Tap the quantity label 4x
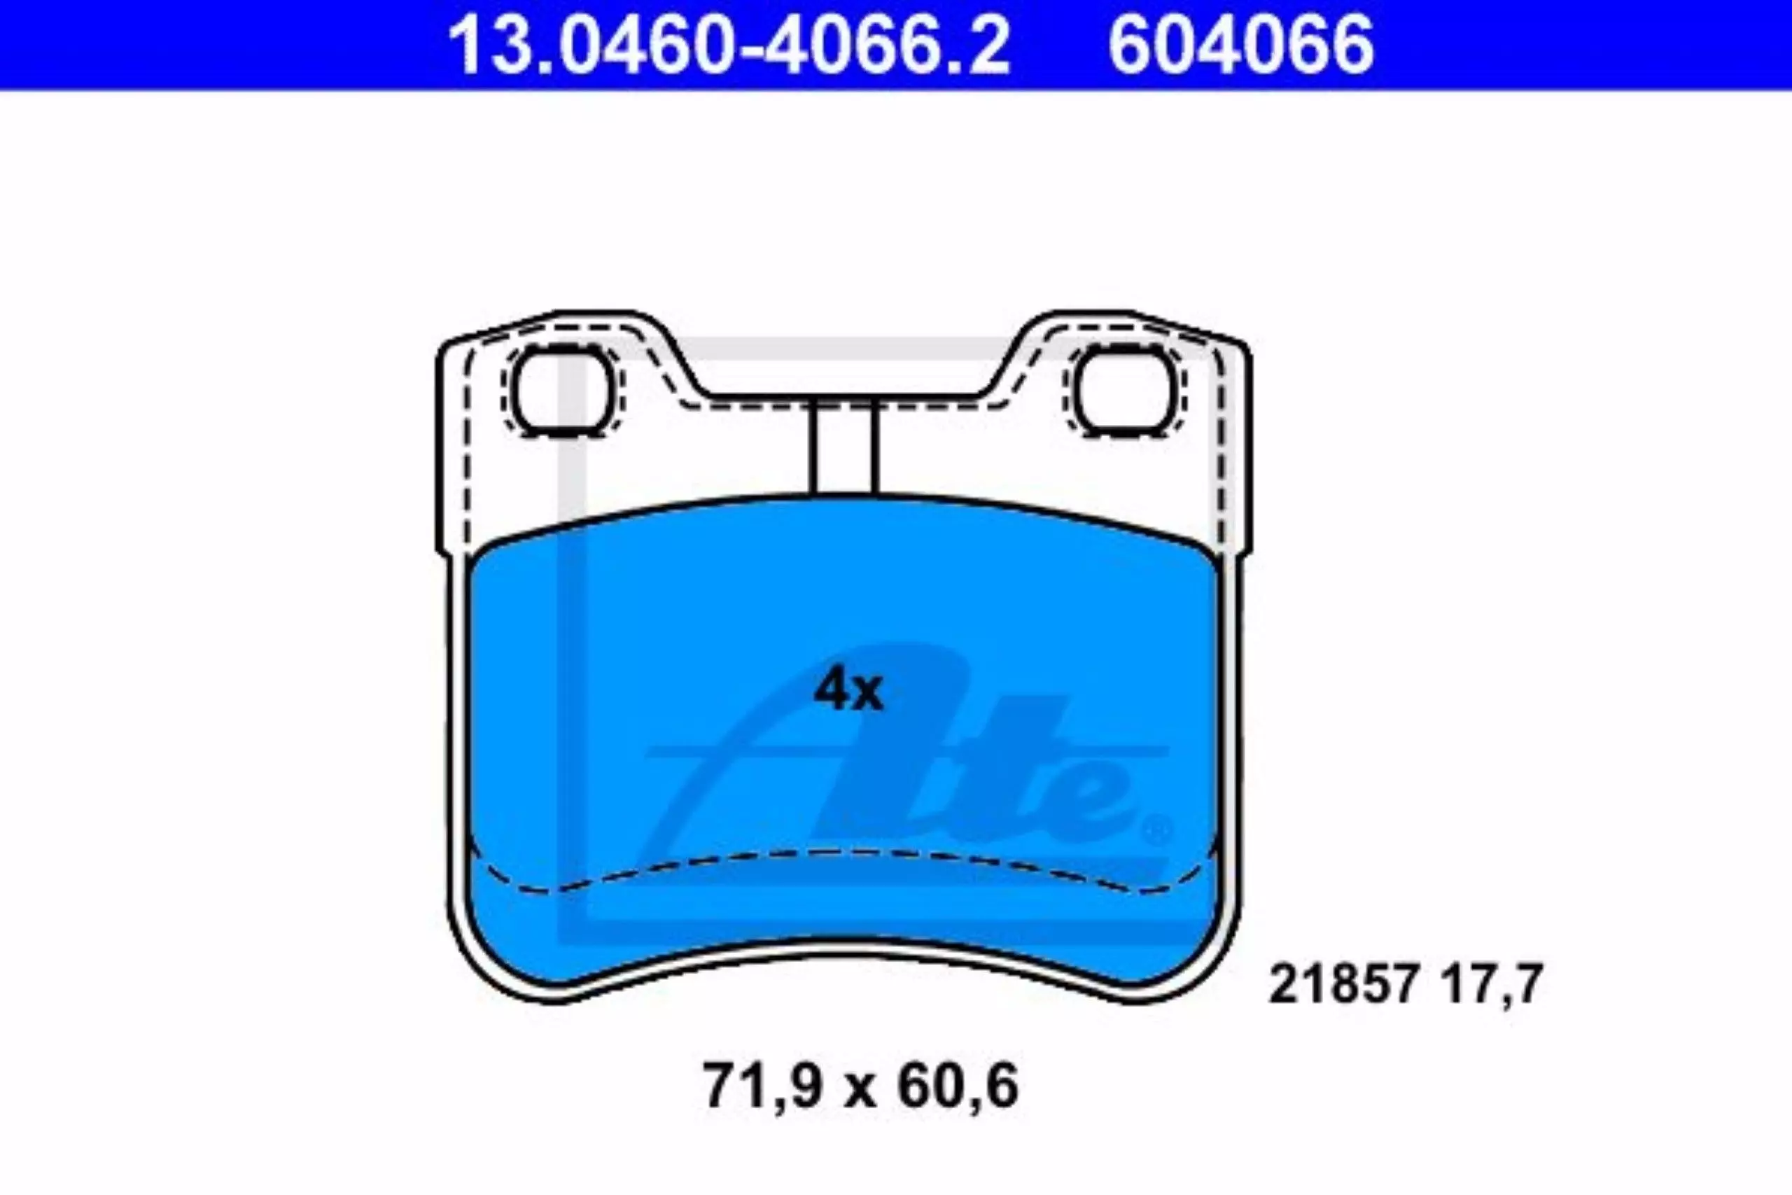[x=848, y=690]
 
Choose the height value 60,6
[x=958, y=1088]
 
